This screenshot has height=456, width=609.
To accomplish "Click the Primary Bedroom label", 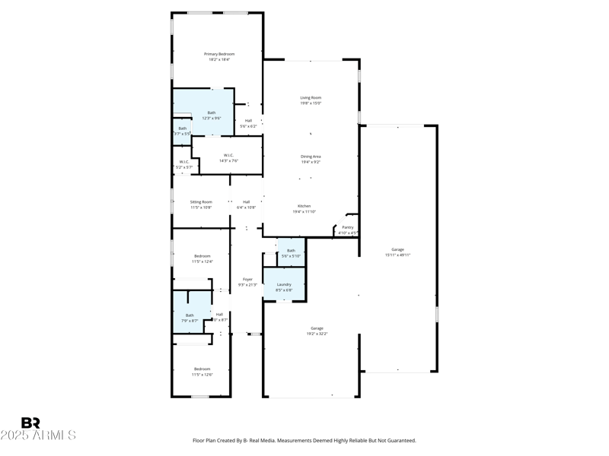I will coord(219,54).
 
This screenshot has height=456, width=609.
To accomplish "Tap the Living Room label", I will coord(311,97).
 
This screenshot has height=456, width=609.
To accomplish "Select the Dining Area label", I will coord(311,157).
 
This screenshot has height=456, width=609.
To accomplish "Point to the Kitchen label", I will coord(304,206).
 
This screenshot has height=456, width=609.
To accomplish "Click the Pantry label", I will coord(348,227).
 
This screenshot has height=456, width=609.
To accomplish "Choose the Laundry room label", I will coord(284,284).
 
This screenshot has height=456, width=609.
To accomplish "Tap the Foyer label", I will coord(247,279).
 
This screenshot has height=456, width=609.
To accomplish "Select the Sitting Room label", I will coord(201,201).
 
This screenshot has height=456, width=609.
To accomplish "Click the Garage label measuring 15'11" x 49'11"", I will coord(398,249).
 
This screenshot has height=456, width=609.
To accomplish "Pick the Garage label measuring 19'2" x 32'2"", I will coord(317,328).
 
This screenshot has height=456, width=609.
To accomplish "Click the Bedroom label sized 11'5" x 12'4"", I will coord(202,256).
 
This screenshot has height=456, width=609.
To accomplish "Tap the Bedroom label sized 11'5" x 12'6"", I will coord(202,369).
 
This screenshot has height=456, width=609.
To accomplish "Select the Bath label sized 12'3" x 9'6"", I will coord(211,113).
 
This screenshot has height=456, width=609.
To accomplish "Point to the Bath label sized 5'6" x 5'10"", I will coord(291,251).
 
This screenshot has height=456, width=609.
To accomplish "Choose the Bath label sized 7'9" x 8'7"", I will coord(190,315).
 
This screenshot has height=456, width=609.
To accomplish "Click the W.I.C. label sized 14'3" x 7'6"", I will coord(228,155).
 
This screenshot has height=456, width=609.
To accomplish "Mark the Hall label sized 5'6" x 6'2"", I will coord(248,121).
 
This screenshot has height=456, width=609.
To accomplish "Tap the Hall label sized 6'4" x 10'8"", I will coord(247,201).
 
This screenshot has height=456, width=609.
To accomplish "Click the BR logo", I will coord(30,423).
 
